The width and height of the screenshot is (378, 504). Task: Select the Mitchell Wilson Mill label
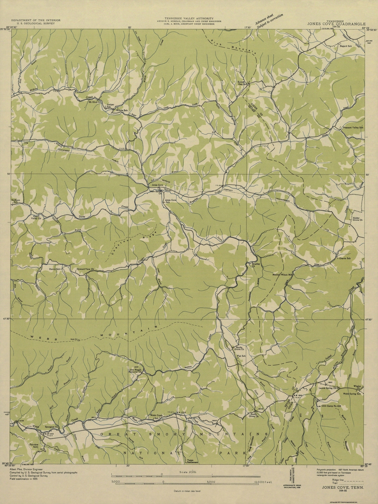(283, 275)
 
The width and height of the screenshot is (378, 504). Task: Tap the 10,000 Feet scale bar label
(264, 482)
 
